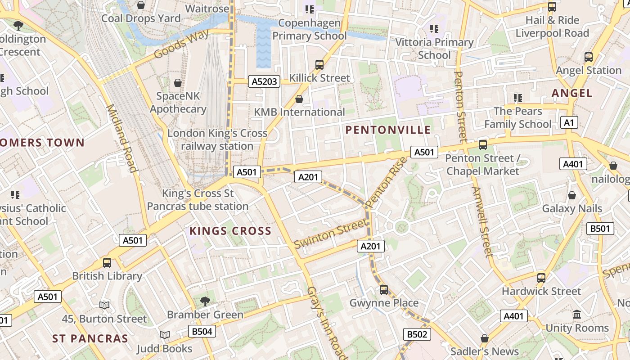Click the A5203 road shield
click(264, 81)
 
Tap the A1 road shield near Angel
click(569, 122)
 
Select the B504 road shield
click(202, 332)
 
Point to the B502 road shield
click(417, 334)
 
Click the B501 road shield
click(600, 228)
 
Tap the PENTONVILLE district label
click(388, 130)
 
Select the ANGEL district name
click(572, 93)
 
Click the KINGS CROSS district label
click(230, 231)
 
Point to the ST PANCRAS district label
click(90, 338)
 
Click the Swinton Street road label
click(331, 234)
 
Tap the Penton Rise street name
click(386, 182)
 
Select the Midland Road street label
click(121, 138)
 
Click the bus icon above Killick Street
click(319, 64)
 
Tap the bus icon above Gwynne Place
click(384, 289)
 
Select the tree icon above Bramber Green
click(205, 301)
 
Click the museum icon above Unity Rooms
click(577, 315)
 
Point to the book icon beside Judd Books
click(165, 335)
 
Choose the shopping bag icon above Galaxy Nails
click(571, 195)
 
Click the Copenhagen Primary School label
click(310, 29)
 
